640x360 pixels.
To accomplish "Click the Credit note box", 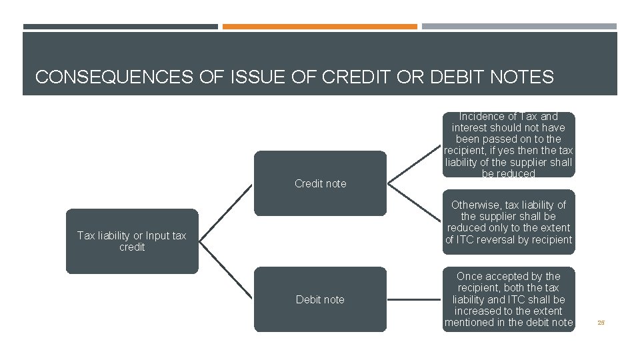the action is (320, 183).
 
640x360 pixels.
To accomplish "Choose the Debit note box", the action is (320, 299).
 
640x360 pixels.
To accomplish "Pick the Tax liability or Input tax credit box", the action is (132, 241).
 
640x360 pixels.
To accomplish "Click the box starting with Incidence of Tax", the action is (509, 145).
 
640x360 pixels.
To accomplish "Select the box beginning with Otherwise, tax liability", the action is (509, 222).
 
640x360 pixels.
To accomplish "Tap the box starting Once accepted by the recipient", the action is (509, 299).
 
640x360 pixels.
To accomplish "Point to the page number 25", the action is (601, 323).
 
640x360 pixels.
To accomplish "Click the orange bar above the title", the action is (319, 27).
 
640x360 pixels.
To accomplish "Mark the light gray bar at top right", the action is (519, 27).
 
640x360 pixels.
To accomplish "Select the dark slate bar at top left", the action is (120, 27).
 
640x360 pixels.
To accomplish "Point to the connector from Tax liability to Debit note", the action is (227, 270).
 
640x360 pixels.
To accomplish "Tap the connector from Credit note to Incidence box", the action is (415, 164).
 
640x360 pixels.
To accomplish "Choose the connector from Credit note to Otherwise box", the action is (415, 202).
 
